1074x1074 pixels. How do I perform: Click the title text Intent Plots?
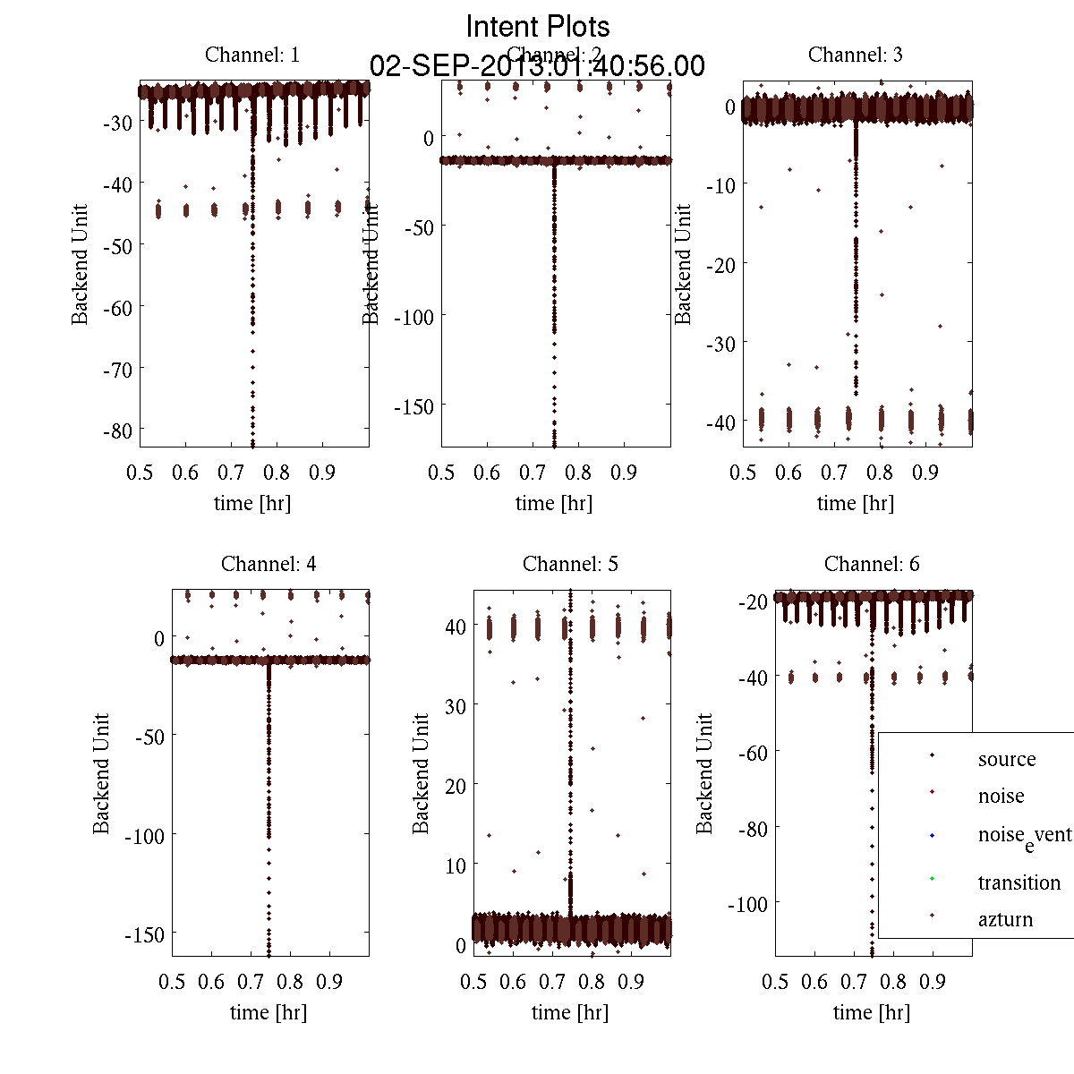coord(538,26)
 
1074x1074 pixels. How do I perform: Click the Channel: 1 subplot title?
coord(252,55)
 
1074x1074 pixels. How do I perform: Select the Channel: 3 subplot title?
coord(855,55)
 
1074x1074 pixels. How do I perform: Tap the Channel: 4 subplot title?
coord(268,564)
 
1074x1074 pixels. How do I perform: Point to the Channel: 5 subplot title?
coord(570,564)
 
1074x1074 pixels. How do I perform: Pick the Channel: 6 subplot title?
coord(872,564)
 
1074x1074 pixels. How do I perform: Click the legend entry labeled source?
coord(1007,759)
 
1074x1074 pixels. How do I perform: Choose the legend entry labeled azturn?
coord(1005,919)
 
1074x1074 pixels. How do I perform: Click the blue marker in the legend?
coord(932,836)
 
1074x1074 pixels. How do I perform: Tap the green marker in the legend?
coord(932,878)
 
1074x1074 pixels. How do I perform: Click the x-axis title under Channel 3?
coord(855,503)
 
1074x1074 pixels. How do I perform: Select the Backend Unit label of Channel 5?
coord(421,773)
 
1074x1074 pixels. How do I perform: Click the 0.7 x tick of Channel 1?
coord(232,472)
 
